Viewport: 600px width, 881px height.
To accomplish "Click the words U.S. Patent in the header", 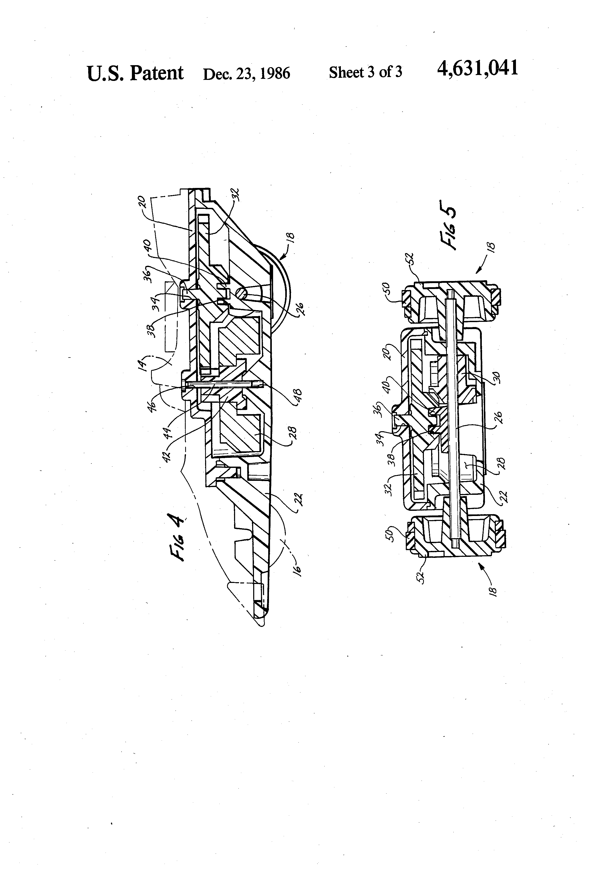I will click(135, 73).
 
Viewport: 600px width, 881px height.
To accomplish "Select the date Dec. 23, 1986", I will click(246, 73).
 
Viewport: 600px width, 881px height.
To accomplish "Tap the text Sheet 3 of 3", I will click(365, 72).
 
